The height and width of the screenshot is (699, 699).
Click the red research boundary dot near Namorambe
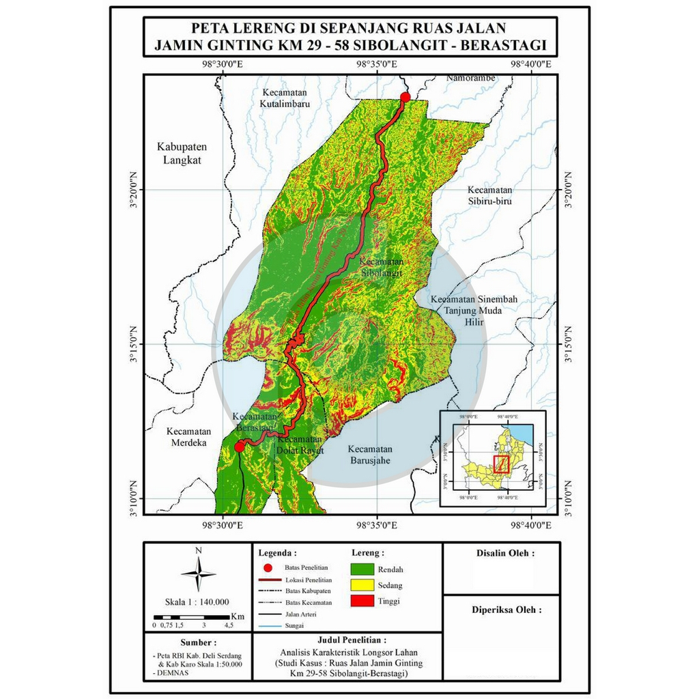[x=405, y=97]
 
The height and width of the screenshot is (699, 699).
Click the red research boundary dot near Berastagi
[x=239, y=446]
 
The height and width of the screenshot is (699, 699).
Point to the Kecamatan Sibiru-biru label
[x=490, y=195]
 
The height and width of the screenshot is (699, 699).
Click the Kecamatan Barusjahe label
[x=370, y=455]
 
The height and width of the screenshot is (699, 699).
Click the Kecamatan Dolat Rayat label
[x=300, y=445]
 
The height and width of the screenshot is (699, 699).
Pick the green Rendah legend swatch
[x=367, y=569]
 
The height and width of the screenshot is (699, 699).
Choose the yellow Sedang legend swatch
[x=367, y=585]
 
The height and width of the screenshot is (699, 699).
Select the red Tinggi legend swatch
[x=367, y=601]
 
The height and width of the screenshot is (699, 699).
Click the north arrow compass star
[x=198, y=573]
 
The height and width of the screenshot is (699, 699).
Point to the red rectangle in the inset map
[x=502, y=464]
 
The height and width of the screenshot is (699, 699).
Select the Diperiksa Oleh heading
[x=507, y=610]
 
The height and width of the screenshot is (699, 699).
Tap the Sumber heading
[x=198, y=643]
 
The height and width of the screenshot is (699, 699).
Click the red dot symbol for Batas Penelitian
[x=269, y=568]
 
